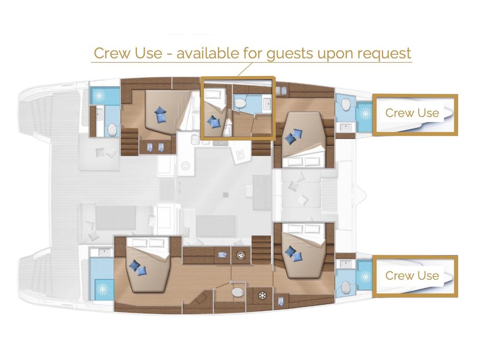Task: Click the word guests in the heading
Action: (290, 53)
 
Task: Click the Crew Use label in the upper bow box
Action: (412, 113)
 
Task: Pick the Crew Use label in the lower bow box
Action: (412, 276)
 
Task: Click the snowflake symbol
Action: (262, 296)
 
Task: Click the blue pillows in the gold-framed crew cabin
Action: (214, 121)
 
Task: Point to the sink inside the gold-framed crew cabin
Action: (267, 105)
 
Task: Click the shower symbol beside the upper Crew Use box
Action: (365, 113)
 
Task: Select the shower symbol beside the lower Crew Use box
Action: (365, 277)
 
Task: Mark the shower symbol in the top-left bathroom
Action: (99, 96)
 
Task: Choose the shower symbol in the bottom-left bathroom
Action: (102, 289)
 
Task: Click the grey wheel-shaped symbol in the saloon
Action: (186, 166)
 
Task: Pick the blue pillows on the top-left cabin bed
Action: (160, 115)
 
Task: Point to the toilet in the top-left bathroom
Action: (112, 130)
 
